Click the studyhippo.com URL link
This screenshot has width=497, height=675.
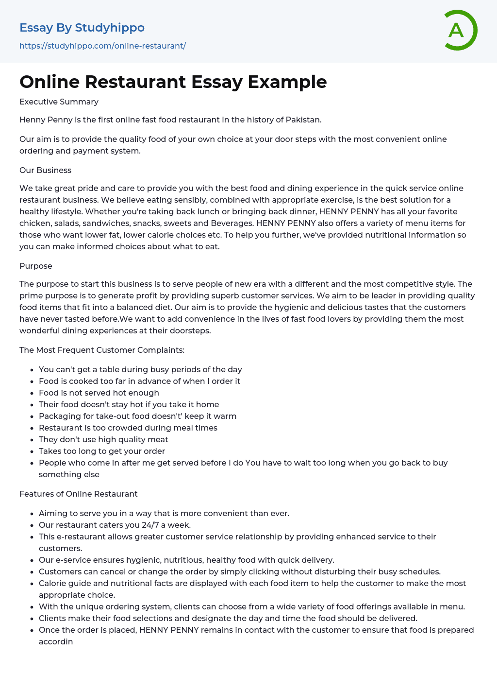[102, 46]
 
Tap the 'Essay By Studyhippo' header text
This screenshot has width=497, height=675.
[82, 28]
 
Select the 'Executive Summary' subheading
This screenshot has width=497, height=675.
[59, 102]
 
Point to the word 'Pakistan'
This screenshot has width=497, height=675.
[302, 120]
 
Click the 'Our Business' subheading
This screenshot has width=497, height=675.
[45, 170]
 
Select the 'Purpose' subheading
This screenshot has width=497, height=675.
[35, 266]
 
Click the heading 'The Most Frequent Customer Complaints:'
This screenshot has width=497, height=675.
[102, 350]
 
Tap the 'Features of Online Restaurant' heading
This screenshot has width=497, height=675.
[78, 494]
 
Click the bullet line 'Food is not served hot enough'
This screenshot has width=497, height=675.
[99, 393]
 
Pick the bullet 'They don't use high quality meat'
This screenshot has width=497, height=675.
[103, 439]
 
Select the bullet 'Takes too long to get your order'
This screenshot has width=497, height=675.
[102, 451]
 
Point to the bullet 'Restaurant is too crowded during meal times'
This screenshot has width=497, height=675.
[128, 428]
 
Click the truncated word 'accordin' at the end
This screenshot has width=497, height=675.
[56, 641]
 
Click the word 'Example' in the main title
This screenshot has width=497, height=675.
[287, 82]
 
